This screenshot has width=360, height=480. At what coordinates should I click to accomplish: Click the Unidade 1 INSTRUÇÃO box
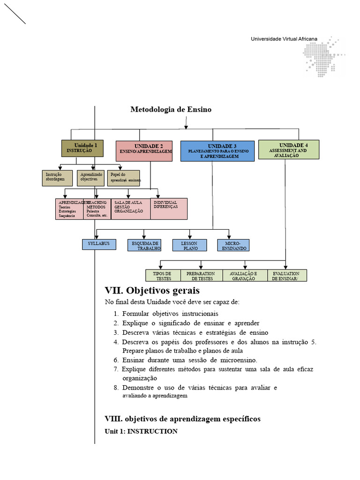click(x=82, y=148)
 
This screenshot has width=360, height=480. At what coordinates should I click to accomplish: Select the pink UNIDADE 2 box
click(x=144, y=151)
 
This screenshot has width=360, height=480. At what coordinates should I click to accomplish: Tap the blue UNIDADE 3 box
click(x=217, y=151)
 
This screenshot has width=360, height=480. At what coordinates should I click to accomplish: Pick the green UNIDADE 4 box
click(x=289, y=150)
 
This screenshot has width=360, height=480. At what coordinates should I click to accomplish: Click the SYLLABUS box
click(x=99, y=244)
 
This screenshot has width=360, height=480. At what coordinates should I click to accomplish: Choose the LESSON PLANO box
click(x=190, y=245)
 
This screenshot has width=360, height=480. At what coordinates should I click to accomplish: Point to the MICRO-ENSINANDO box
click(x=233, y=245)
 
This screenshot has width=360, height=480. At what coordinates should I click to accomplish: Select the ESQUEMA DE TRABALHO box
click(x=144, y=245)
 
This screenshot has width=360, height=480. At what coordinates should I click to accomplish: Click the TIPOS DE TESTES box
click(x=162, y=276)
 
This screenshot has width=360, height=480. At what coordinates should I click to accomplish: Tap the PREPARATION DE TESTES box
click(x=201, y=276)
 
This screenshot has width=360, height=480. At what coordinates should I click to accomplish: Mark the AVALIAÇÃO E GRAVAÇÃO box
click(x=243, y=276)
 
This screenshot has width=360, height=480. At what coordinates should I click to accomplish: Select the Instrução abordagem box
click(x=57, y=178)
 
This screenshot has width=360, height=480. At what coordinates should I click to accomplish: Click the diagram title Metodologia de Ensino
click(x=171, y=109)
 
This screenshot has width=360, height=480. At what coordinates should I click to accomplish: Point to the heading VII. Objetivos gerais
click(x=152, y=290)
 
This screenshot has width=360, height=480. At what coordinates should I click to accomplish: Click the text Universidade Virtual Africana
click(x=284, y=39)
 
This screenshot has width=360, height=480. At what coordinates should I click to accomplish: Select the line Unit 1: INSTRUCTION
click(x=141, y=431)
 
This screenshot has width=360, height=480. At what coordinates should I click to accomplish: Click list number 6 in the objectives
click(x=116, y=360)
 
